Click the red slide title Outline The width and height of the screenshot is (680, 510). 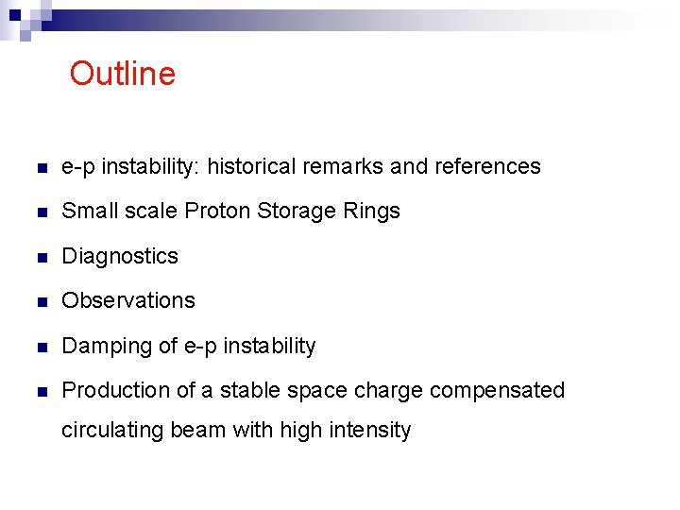[122, 74]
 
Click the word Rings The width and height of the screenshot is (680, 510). [373, 212]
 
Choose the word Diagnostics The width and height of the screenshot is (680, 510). [120, 256]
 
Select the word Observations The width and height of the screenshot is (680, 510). [128, 300]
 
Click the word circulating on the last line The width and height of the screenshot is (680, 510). [112, 431]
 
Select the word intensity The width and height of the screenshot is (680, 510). [371, 431]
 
